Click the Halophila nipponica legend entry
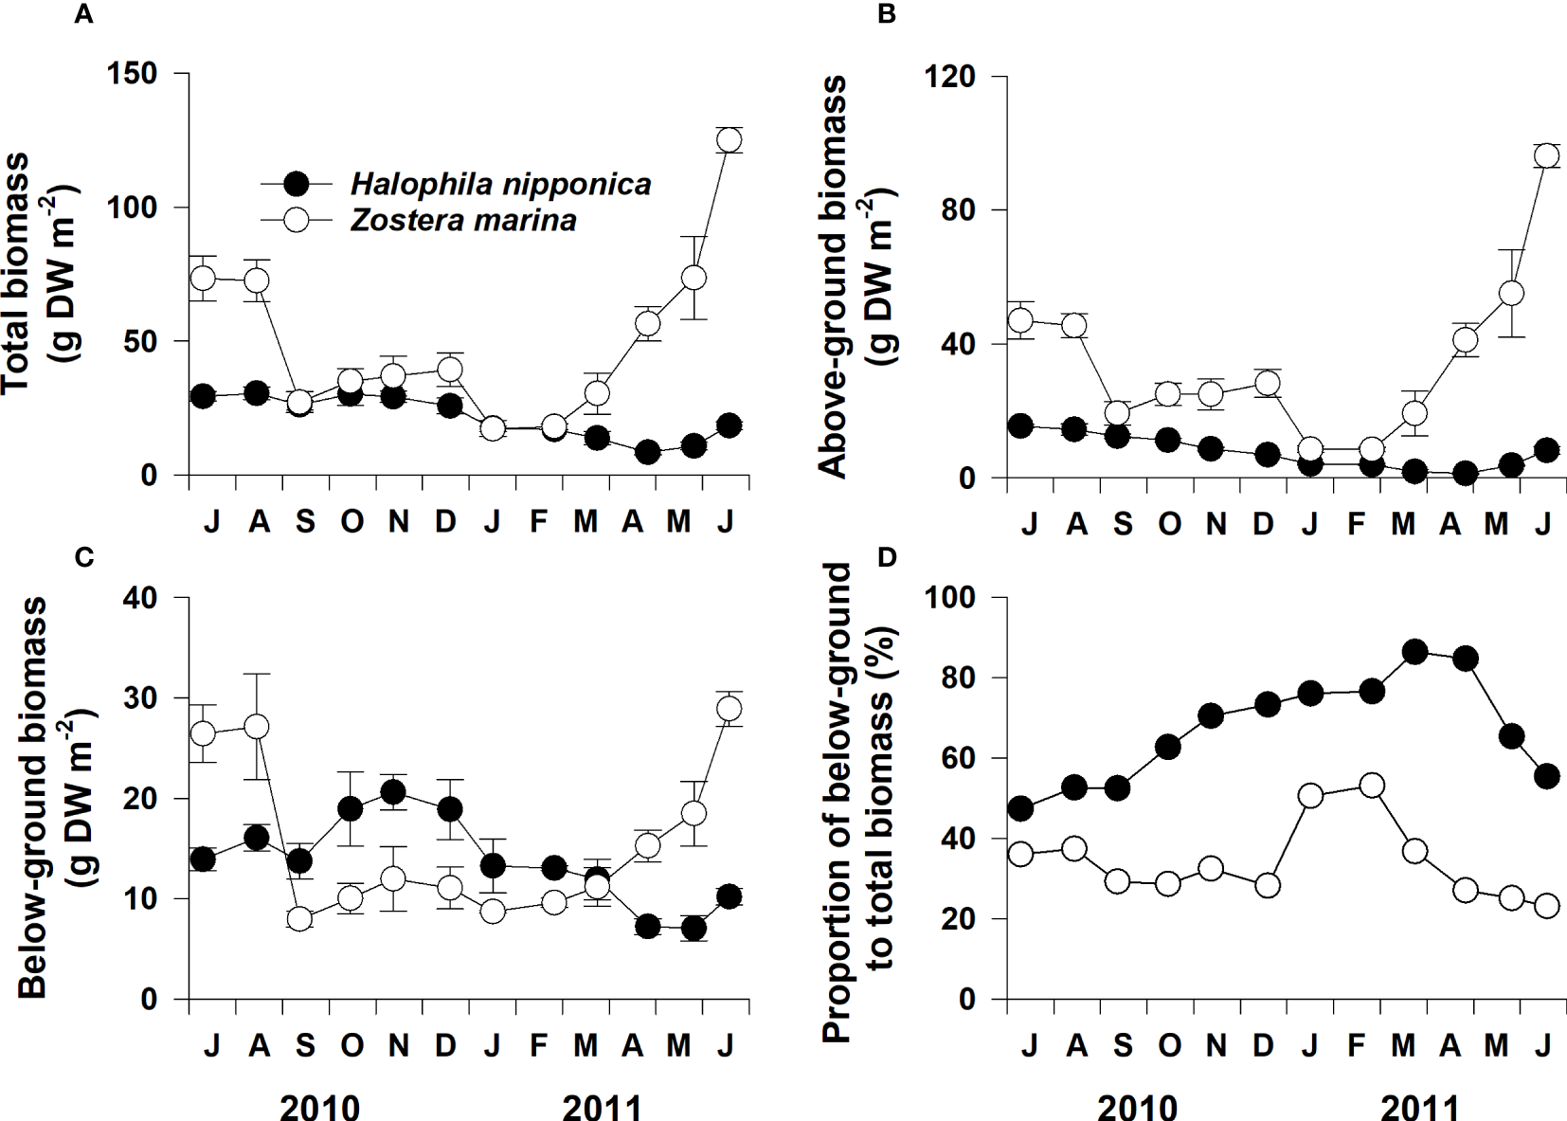pyautogui.click(x=500, y=183)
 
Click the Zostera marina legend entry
pyautogui.click(x=462, y=221)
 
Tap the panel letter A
pyautogui.click(x=83, y=15)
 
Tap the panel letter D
pyautogui.click(x=887, y=557)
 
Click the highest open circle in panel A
pyautogui.click(x=729, y=140)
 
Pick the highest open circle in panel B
pyautogui.click(x=1546, y=156)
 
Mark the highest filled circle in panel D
pyautogui.click(x=1415, y=652)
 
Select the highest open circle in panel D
pyautogui.click(x=1370, y=786)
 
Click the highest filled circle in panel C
pyautogui.click(x=393, y=791)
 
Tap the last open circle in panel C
pyautogui.click(x=729, y=709)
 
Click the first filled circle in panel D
pyautogui.click(x=1021, y=808)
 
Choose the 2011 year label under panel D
pyautogui.click(x=1419, y=1104)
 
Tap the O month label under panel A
pyautogui.click(x=351, y=521)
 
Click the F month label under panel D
pyautogui.click(x=1356, y=1045)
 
